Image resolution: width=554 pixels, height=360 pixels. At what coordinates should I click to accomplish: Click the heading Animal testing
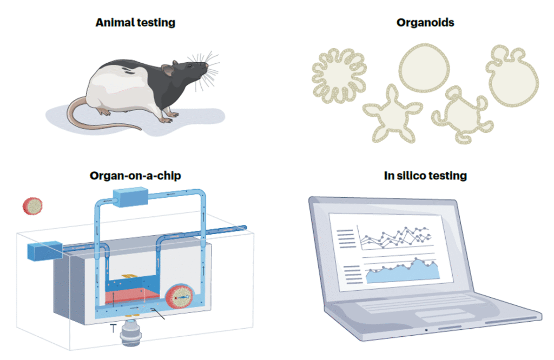coord(135,23)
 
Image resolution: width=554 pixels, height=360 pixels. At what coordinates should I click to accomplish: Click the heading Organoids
coord(425,23)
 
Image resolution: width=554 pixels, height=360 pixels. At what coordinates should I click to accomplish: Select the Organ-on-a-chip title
coord(135,176)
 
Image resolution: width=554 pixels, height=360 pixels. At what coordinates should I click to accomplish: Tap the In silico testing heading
coord(425,176)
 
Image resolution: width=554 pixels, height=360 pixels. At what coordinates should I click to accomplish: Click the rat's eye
coord(190,65)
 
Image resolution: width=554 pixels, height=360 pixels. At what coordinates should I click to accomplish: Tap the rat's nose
coord(206,64)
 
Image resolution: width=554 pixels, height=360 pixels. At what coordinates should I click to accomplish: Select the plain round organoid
coord(424,68)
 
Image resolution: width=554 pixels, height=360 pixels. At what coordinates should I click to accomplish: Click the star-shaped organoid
coord(393,115)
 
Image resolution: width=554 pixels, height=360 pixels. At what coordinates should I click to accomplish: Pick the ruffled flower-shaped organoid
coord(339,76)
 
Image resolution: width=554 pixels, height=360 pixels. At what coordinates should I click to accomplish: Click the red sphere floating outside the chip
coord(32,206)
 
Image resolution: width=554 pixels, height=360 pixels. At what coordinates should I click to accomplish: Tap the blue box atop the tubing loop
coord(130,197)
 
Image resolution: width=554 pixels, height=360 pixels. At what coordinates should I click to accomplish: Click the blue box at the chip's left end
coord(44,251)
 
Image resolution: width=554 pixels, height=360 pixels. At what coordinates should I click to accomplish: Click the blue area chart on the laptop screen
coord(402,271)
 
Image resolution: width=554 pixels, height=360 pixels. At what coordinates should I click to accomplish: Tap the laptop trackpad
coord(440,315)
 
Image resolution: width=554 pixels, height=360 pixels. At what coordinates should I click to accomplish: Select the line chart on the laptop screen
coord(395,237)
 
